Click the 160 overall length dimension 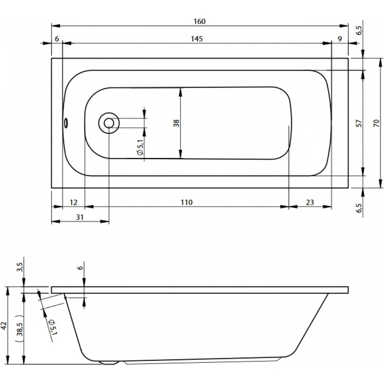[199, 21]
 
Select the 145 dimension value [197, 39]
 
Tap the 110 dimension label [186, 202]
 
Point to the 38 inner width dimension [176, 123]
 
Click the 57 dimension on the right [358, 123]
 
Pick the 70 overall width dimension [376, 123]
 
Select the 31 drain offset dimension [80, 217]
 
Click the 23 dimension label [310, 202]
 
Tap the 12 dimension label [73, 202]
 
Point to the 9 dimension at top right [340, 39]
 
